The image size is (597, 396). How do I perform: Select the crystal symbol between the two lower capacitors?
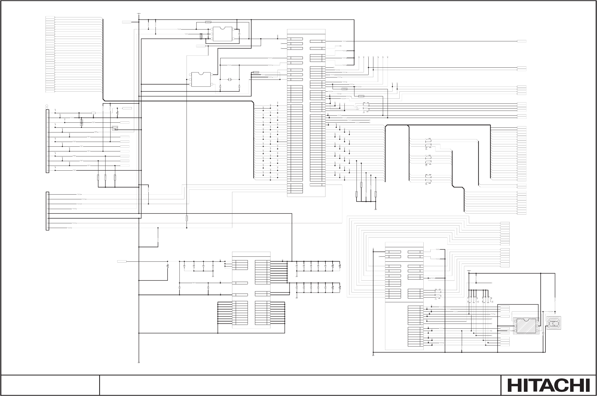tap(230, 80)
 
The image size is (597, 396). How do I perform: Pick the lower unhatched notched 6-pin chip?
tap(201, 79)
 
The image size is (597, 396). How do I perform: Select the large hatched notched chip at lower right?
tap(526, 326)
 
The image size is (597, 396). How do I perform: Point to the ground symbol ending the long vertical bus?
tap(139, 363)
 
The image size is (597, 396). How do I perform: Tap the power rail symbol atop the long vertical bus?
tap(139, 14)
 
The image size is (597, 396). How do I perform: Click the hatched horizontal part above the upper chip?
tap(208, 22)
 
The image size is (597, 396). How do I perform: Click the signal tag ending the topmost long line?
tap(522, 41)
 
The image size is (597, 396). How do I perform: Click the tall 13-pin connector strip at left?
tap(47, 141)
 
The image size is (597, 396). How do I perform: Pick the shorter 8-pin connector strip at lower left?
tap(47, 211)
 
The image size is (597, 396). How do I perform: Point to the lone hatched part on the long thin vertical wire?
tap(187, 218)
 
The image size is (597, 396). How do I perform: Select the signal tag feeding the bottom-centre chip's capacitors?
tap(122, 261)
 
